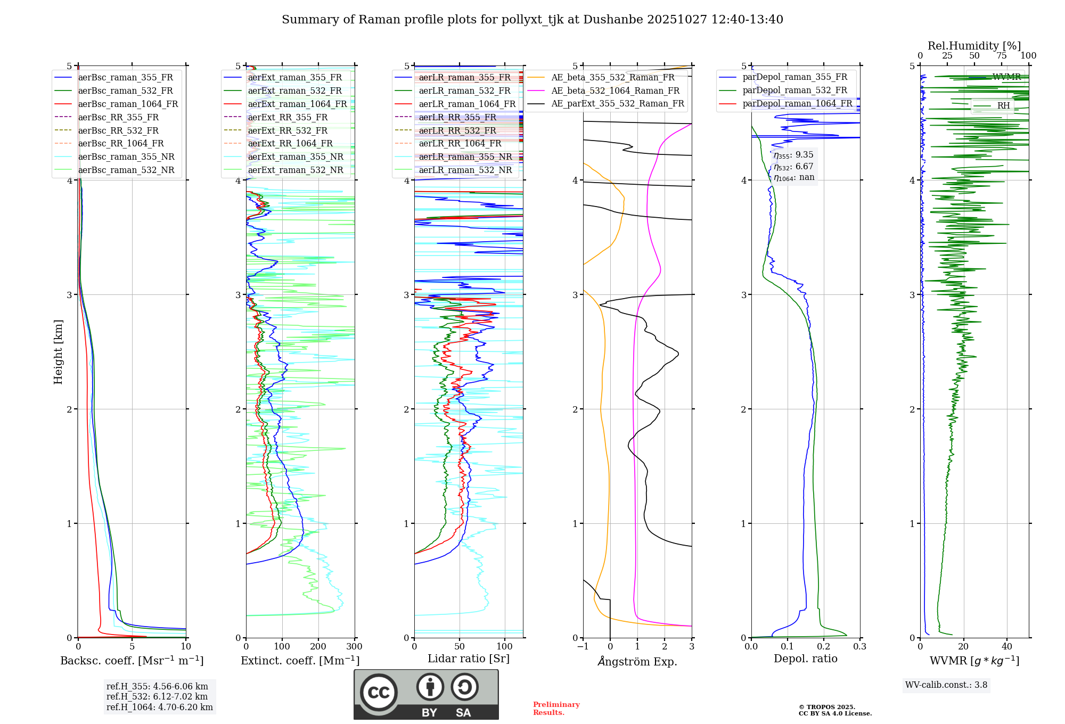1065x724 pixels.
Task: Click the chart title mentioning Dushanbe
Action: pyautogui.click(x=532, y=20)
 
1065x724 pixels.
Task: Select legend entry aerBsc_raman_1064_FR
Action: pyautogui.click(x=128, y=104)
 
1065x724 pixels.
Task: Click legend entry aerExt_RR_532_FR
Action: pyautogui.click(x=288, y=130)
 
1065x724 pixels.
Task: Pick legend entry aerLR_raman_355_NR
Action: pyautogui.click(x=465, y=157)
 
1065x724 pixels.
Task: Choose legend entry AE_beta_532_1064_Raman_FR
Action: pyautogui.click(x=615, y=90)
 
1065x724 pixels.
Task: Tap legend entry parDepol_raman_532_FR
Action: pyautogui.click(x=794, y=90)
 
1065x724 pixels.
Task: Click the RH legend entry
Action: pyautogui.click(x=1003, y=105)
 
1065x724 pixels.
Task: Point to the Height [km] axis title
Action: pyautogui.click(x=58, y=352)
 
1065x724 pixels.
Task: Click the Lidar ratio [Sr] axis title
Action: pyautogui.click(x=469, y=659)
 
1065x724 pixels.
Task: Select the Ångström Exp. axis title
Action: pyautogui.click(x=637, y=661)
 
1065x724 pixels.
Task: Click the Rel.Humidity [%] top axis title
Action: pyautogui.click(x=974, y=46)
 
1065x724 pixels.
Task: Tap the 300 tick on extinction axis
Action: pyautogui.click(x=355, y=647)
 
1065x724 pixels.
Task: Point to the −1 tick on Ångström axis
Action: pyautogui.click(x=583, y=647)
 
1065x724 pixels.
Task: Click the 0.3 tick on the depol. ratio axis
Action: pyautogui.click(x=860, y=647)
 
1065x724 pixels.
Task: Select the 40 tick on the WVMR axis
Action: pyautogui.click(x=1007, y=647)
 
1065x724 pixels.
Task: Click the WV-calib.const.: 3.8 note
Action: pyautogui.click(x=946, y=685)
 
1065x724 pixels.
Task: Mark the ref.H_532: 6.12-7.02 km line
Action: pyautogui.click(x=157, y=697)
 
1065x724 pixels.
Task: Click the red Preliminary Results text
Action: pyautogui.click(x=556, y=709)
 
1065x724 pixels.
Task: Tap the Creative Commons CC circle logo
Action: pyautogui.click(x=379, y=692)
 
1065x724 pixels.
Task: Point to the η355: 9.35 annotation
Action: pyautogui.click(x=793, y=155)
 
